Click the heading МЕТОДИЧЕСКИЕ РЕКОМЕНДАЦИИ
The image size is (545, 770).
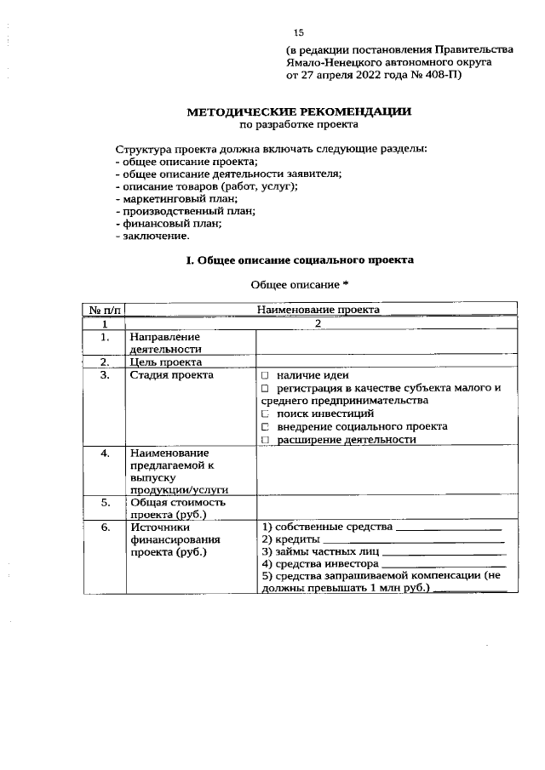[x=299, y=111]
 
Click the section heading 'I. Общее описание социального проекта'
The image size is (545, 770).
[x=300, y=260]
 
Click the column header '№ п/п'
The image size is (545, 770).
[x=103, y=311]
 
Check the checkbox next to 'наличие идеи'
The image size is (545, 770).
[x=266, y=375]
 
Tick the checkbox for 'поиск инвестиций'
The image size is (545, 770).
[x=266, y=414]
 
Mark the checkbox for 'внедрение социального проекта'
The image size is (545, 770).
[x=266, y=426]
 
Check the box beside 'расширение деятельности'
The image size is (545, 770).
[x=266, y=440]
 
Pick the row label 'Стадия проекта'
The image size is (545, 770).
[x=170, y=375]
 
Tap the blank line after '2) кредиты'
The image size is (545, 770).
[x=414, y=542]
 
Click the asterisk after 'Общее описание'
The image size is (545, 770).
[x=346, y=284]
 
